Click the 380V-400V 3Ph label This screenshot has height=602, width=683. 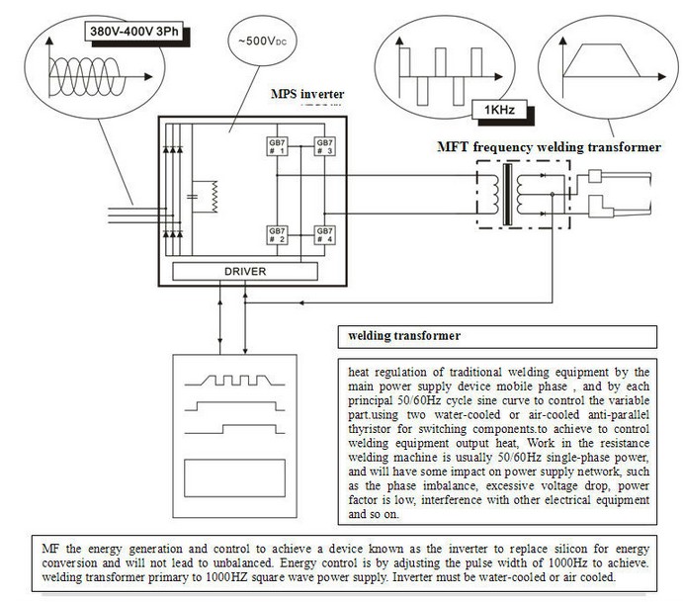pos(133,31)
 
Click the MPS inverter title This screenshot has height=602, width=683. pos(307,95)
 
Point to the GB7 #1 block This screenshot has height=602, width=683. pos(276,146)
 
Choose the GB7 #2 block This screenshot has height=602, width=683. pos(276,234)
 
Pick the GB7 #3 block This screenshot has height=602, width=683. pos(323,146)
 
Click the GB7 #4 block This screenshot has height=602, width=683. pos(323,234)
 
